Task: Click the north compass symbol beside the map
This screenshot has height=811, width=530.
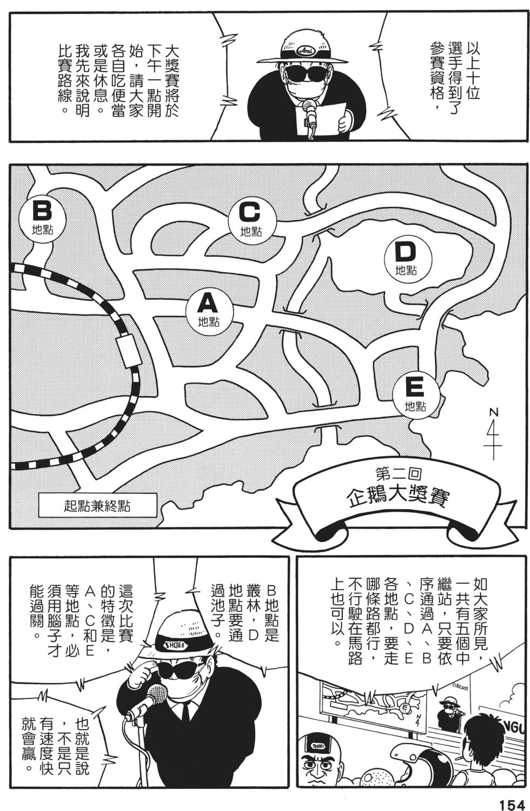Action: click(493, 433)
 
